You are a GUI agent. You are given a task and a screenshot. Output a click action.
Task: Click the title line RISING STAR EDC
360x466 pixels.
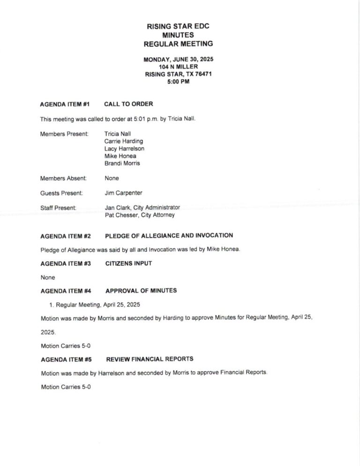click(178, 26)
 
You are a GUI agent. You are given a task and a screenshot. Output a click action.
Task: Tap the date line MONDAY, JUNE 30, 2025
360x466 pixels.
click(178, 60)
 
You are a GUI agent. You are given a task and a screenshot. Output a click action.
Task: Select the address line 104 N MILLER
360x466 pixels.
click(178, 67)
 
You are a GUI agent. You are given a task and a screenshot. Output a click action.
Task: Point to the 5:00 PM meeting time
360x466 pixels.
click(178, 82)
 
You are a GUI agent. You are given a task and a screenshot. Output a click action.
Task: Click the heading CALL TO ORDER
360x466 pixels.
click(128, 104)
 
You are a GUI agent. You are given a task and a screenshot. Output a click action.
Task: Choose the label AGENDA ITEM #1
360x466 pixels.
click(65, 104)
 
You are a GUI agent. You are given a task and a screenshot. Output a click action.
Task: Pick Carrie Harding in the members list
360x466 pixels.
click(124, 141)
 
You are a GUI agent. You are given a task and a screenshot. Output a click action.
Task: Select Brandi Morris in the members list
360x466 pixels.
click(122, 164)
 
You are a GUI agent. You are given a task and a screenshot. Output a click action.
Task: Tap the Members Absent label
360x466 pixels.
click(63, 178)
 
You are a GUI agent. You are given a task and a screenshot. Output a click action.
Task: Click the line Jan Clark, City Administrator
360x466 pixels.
click(142, 207)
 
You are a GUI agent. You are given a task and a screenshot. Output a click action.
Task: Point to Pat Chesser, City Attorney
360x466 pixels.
click(140, 215)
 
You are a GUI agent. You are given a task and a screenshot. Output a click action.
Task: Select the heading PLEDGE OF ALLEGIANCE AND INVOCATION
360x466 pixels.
click(169, 235)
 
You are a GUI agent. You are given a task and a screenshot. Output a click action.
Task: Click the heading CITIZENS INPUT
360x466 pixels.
click(128, 263)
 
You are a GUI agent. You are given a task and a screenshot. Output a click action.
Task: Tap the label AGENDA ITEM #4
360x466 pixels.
click(66, 291)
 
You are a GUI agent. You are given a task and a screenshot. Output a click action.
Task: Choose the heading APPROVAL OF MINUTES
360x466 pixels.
click(141, 291)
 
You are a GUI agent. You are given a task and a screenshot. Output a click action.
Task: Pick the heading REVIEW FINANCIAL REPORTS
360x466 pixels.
click(150, 359)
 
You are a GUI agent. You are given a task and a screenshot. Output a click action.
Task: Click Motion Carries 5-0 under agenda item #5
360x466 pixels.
click(66, 387)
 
